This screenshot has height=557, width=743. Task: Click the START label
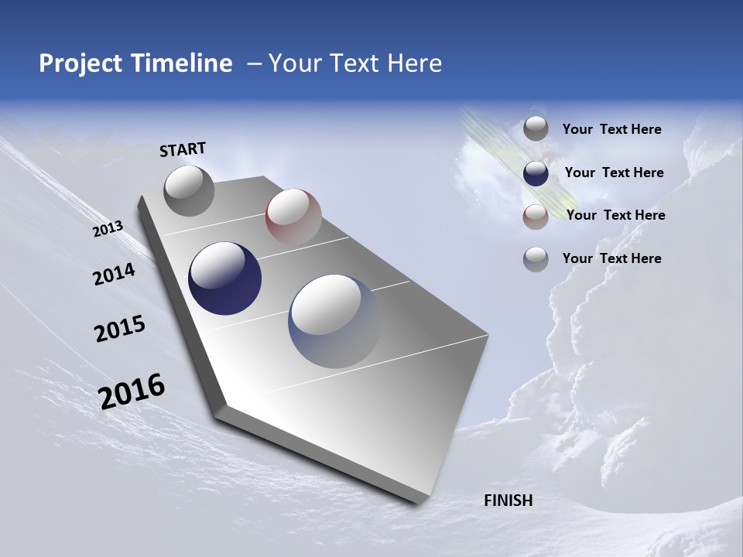183,149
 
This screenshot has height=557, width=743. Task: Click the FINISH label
508,501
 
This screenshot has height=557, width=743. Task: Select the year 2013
108,228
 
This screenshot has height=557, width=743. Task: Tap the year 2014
114,274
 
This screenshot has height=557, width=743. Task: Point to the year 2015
119,329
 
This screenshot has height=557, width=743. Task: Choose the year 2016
132,391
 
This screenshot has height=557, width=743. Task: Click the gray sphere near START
189,190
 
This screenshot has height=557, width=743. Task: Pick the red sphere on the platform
293,216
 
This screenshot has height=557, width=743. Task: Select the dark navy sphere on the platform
224,278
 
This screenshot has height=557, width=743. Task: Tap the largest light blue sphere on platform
334,320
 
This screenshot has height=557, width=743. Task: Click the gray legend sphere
536,128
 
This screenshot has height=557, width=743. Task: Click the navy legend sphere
536,173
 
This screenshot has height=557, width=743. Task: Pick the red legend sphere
536,217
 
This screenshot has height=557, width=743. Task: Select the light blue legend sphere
536,259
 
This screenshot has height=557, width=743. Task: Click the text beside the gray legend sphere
611,130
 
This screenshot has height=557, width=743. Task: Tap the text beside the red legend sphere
615,215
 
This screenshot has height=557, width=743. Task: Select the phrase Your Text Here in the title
355,63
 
